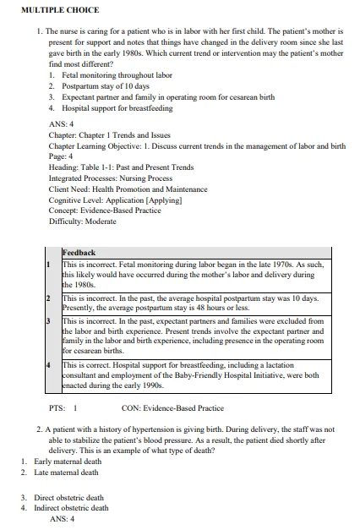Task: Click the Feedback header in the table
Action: (79, 253)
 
